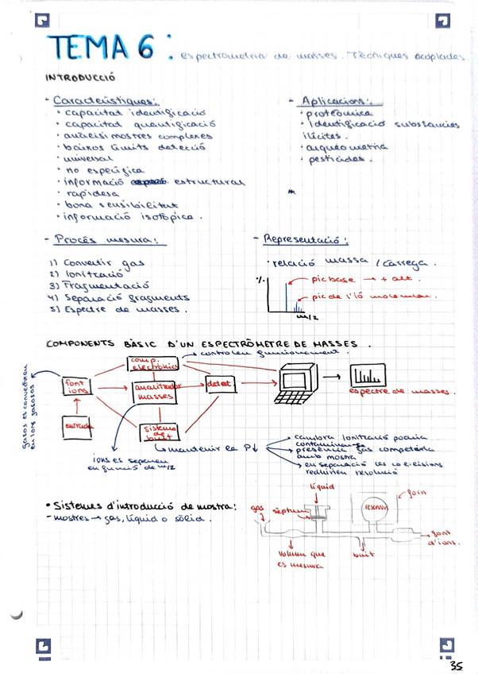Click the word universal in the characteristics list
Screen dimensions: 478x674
91,158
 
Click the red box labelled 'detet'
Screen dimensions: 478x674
221,384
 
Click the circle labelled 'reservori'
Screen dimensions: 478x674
374,507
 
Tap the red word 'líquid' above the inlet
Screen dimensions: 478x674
323,486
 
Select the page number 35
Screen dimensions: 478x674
457,665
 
